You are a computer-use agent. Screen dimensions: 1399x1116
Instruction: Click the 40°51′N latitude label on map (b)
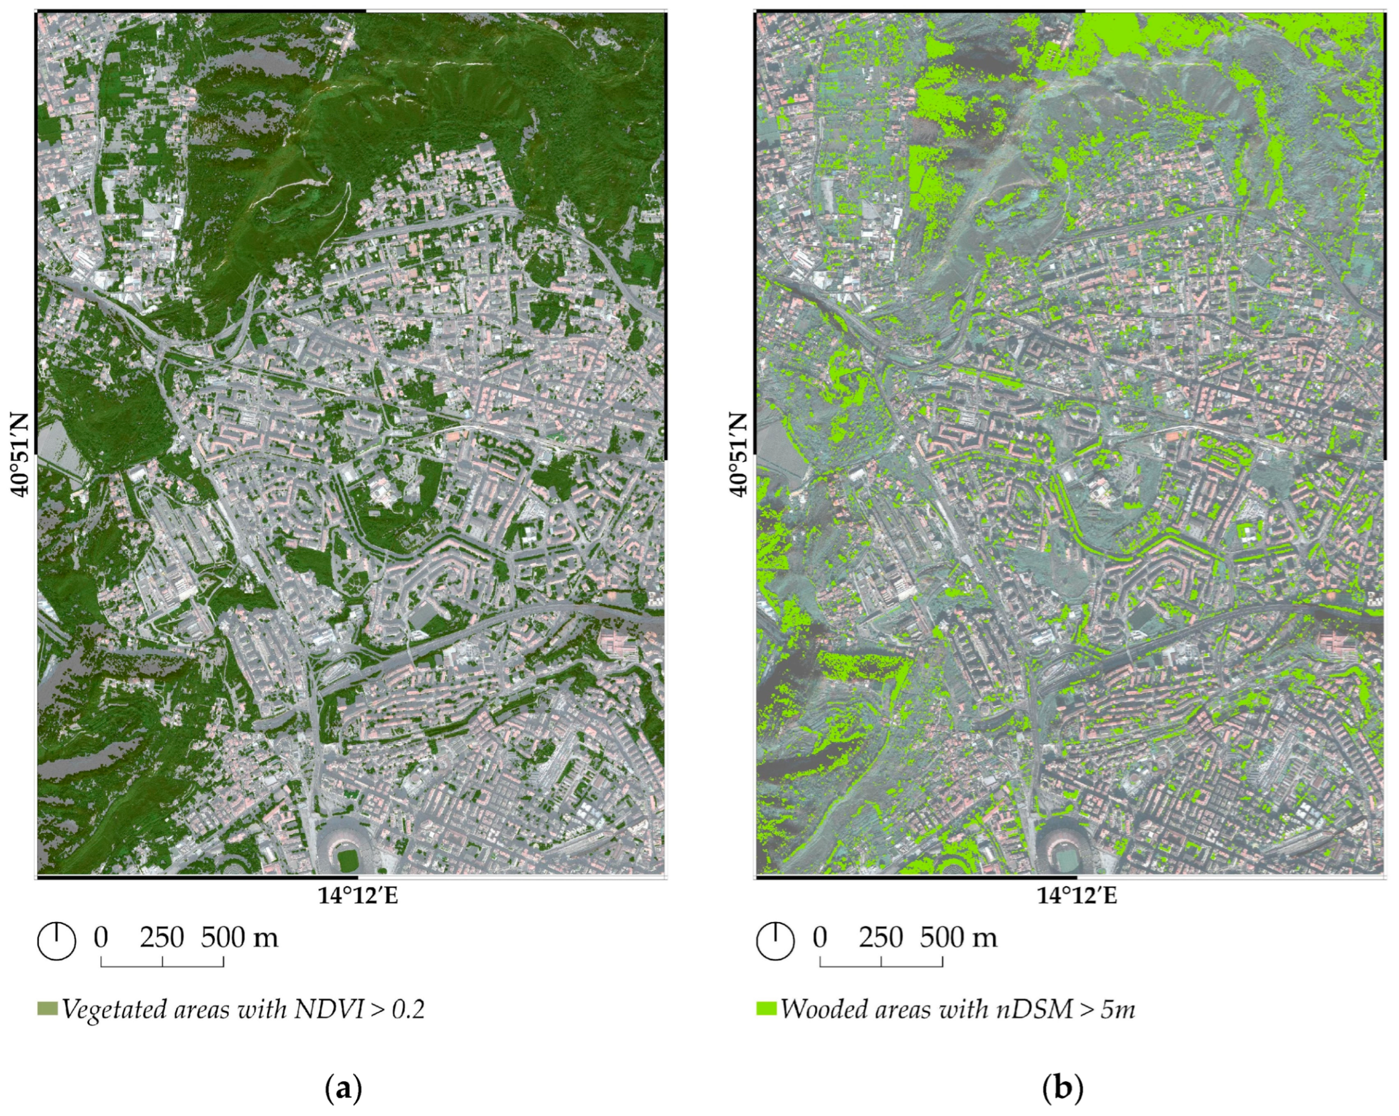coord(739,455)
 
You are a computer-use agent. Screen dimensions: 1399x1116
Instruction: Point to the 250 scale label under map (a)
coord(162,937)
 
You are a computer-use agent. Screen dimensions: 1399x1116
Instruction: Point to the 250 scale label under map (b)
coord(881,937)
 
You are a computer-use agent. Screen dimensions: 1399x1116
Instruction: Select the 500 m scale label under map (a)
coord(239,937)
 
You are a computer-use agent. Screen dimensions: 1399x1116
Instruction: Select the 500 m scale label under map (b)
coord(958,937)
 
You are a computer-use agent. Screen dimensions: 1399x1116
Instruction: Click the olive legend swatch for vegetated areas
coord(47,1009)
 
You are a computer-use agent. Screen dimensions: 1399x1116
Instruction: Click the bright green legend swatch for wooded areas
coord(766,1009)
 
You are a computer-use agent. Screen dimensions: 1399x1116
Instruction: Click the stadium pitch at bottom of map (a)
coord(349,859)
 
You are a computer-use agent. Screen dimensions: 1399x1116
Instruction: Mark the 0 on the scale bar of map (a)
coord(101,937)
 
